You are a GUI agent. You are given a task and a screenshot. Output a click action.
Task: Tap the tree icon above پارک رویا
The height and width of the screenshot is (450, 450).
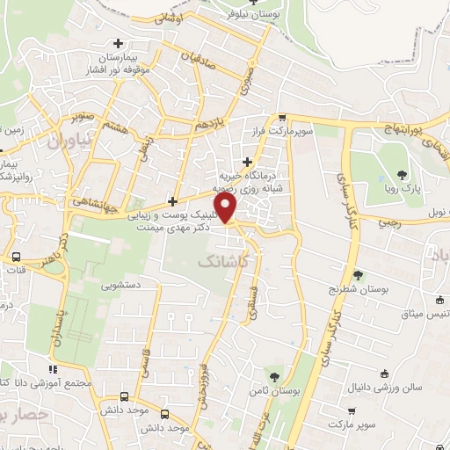point(402,174)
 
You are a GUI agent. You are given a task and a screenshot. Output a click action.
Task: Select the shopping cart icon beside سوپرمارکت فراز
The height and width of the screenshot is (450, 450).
point(281,118)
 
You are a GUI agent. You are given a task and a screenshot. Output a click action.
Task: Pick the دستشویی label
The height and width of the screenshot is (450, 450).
point(120,286)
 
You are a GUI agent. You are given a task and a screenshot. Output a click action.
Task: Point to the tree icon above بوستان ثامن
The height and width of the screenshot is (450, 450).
point(275,376)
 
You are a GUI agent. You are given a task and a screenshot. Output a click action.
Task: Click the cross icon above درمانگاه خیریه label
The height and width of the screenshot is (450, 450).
point(248,161)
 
